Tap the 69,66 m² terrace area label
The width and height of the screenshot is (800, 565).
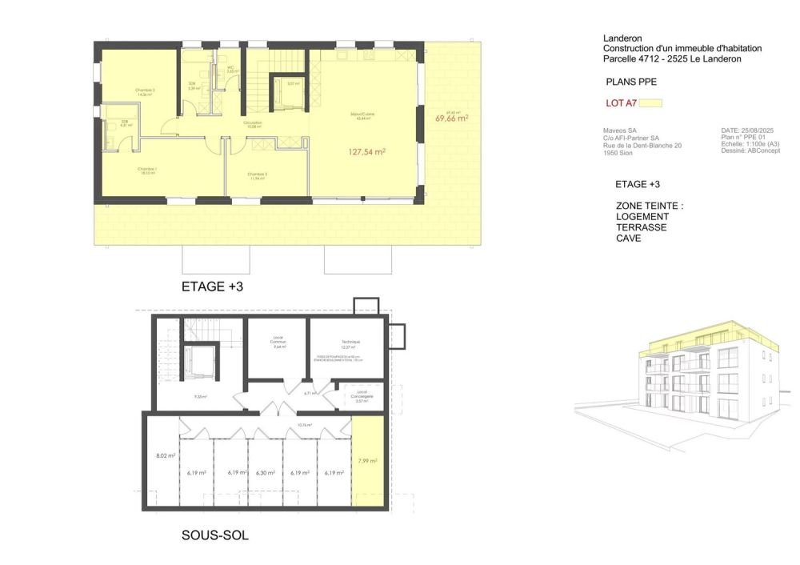(451, 118)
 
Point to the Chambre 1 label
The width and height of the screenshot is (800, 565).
(146, 170)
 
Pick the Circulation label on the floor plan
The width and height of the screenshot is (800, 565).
(253, 123)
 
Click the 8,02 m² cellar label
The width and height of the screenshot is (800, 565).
(166, 456)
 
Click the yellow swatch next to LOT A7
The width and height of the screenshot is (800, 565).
(652, 102)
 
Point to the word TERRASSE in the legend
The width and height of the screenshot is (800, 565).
(641, 227)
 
